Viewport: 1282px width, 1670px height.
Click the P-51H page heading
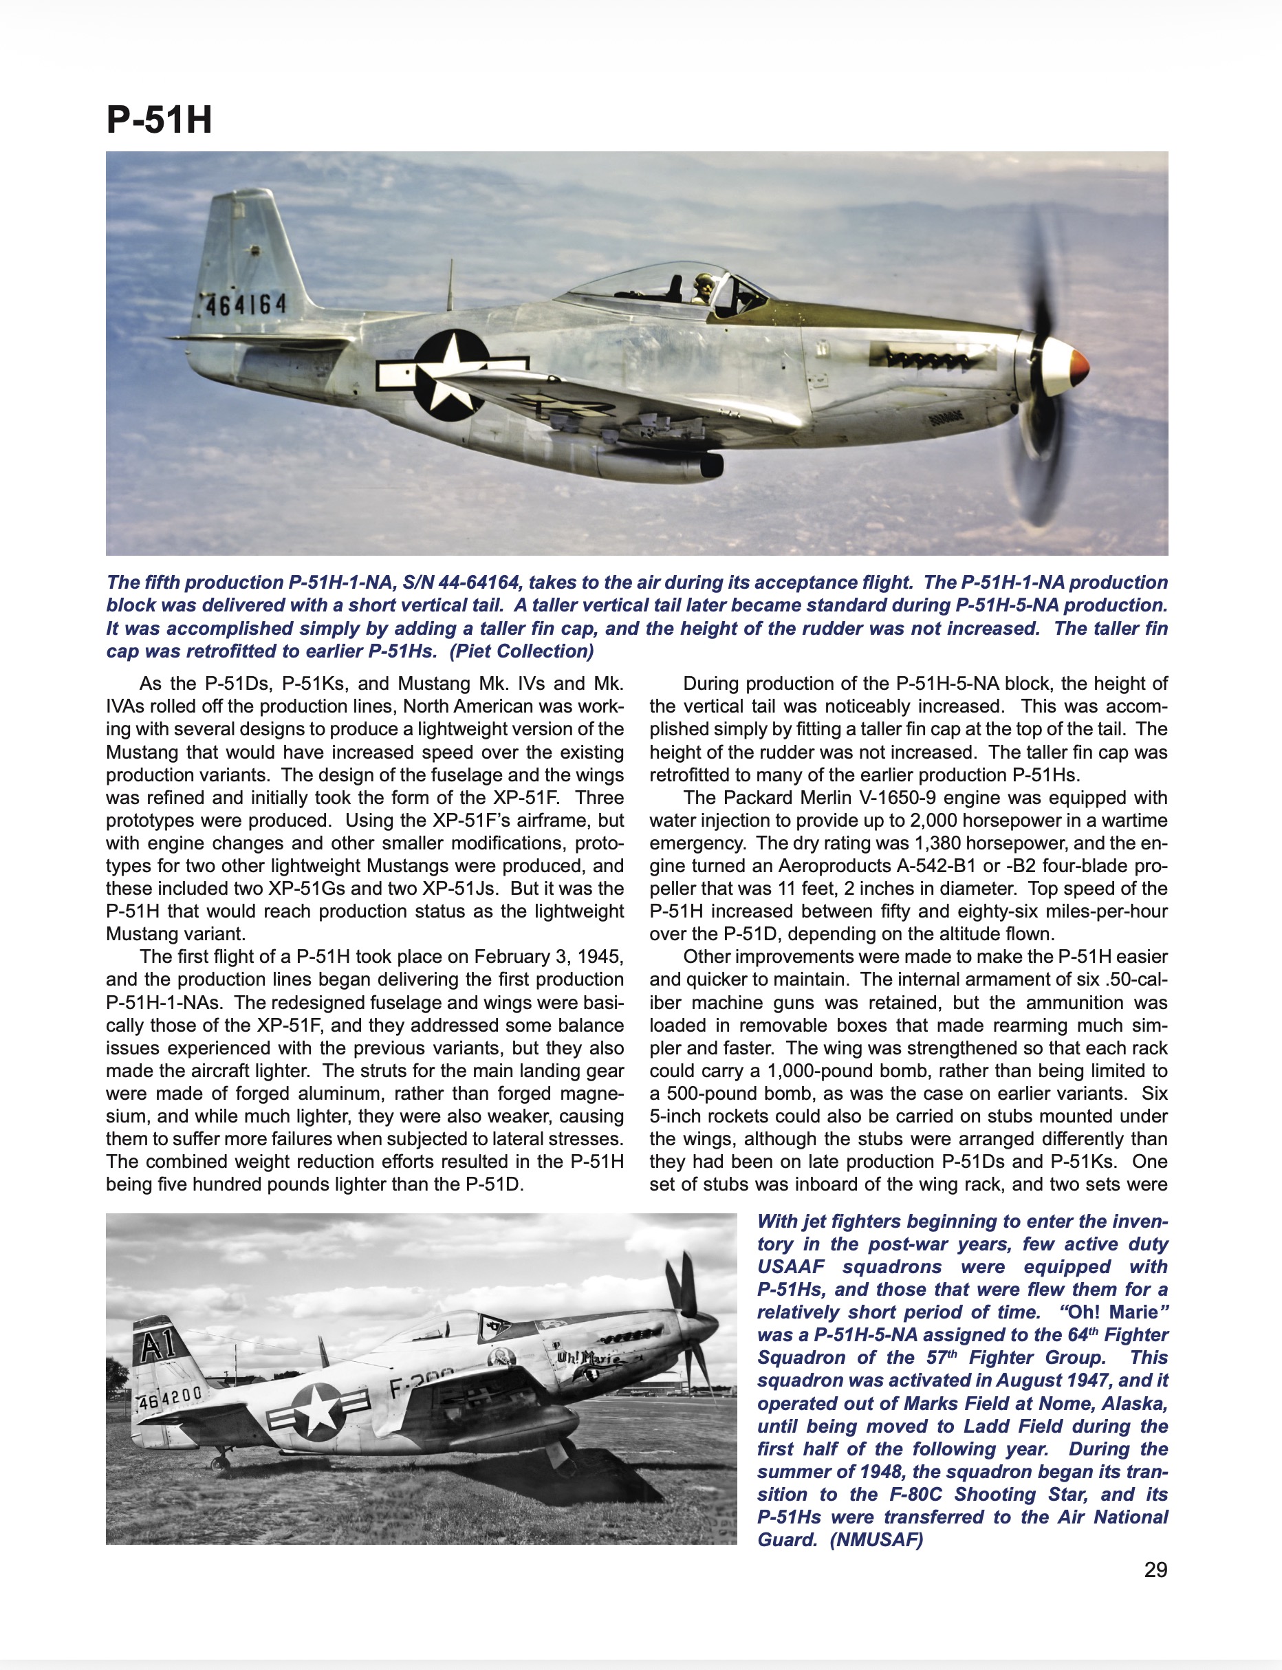(x=159, y=120)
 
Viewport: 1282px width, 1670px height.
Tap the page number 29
(x=1155, y=1570)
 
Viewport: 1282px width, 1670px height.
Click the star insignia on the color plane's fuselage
(x=453, y=375)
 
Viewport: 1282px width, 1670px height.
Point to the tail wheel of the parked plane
(x=221, y=1462)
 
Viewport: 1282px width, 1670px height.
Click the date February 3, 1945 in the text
(x=548, y=957)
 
